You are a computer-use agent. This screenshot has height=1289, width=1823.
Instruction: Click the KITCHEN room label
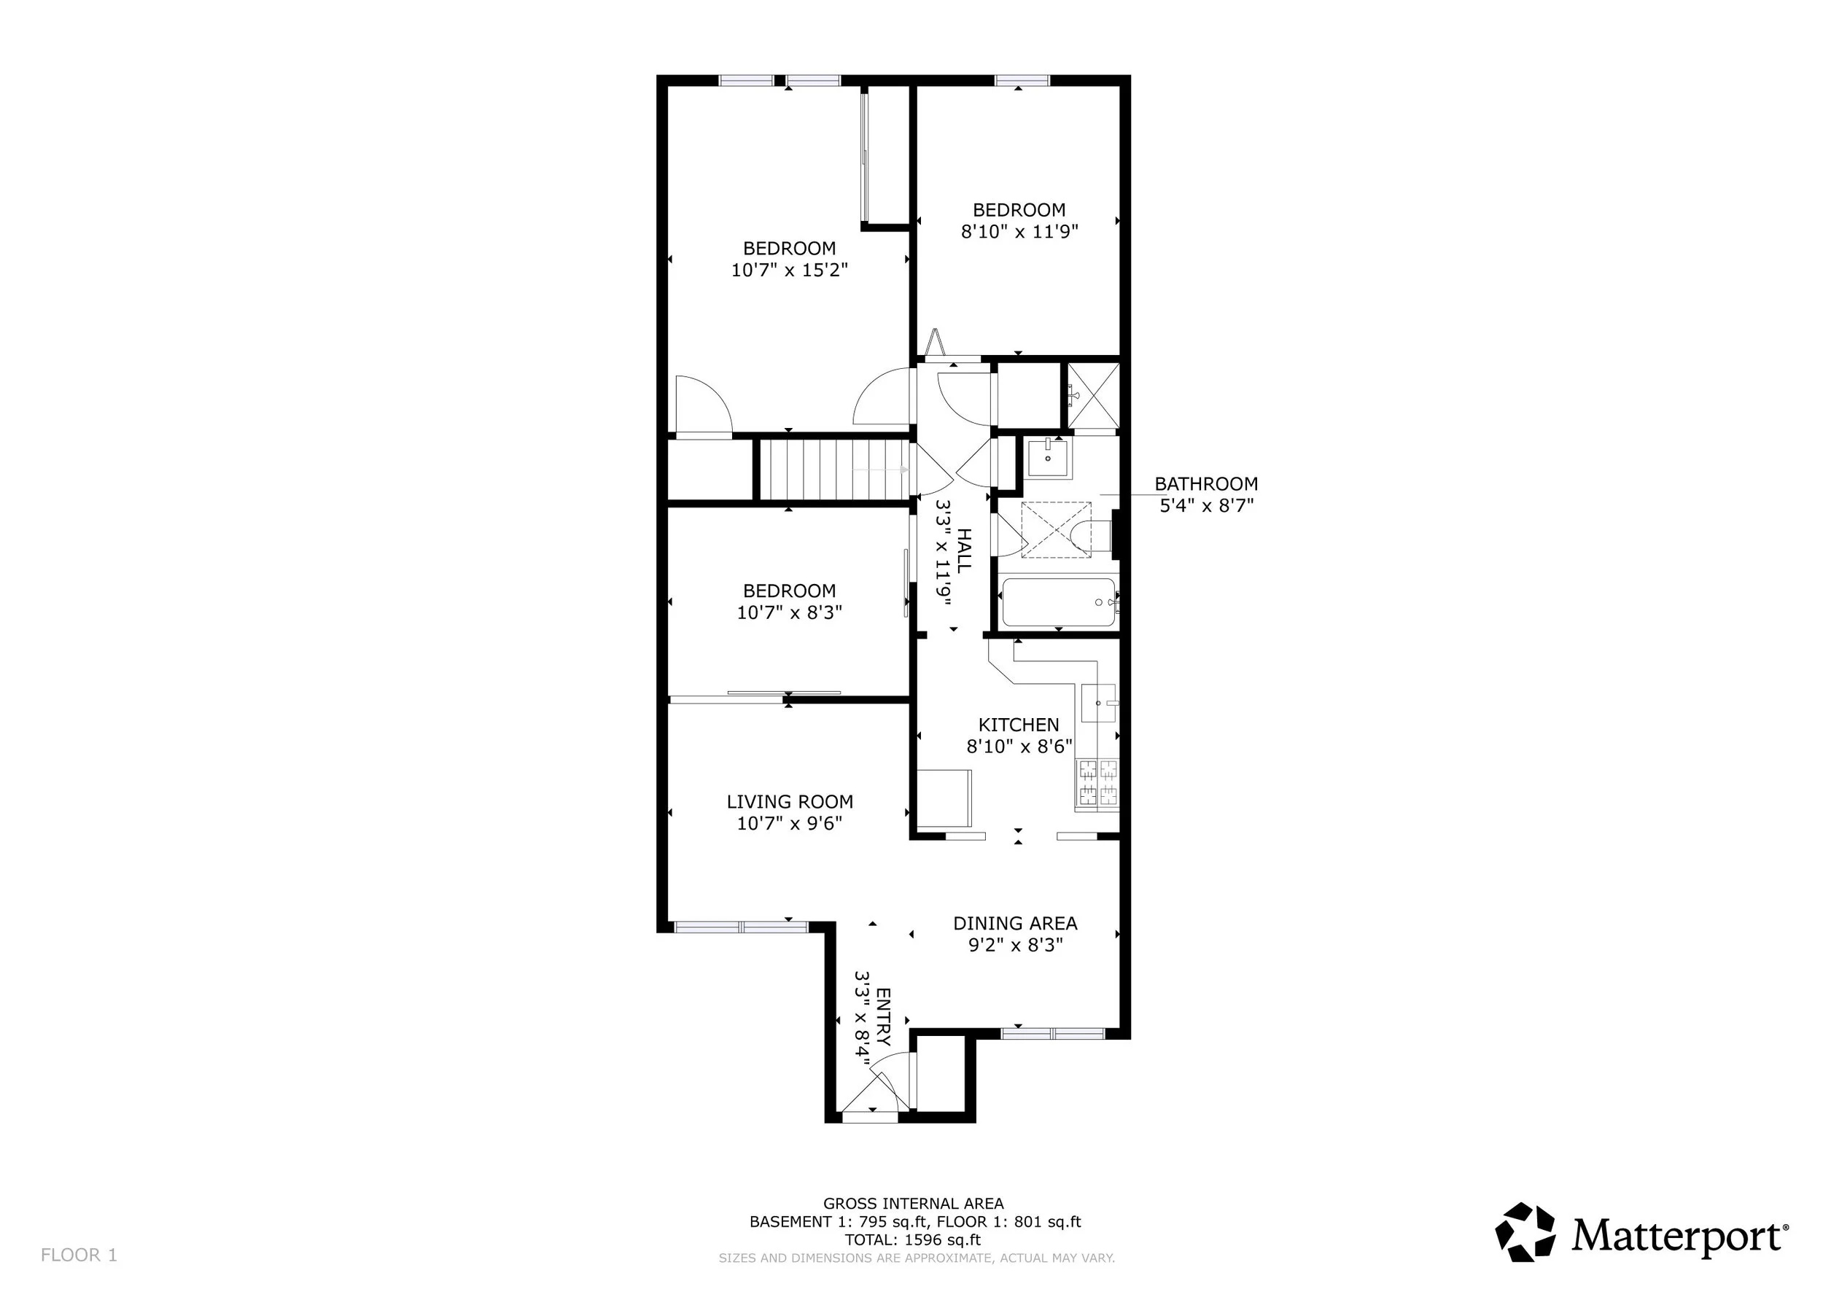pyautogui.click(x=1019, y=725)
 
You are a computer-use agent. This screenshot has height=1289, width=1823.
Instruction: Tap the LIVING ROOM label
pyautogui.click(x=789, y=802)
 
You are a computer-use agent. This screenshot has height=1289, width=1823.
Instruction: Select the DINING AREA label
pyautogui.click(x=1015, y=923)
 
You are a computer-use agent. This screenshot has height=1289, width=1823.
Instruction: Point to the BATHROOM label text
pyautogui.click(x=1206, y=483)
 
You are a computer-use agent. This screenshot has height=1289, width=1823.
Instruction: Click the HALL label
pyautogui.click(x=963, y=551)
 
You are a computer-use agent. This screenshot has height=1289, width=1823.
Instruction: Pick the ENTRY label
pyautogui.click(x=883, y=1017)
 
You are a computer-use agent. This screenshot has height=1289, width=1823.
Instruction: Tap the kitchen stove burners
pyautogui.click(x=1097, y=784)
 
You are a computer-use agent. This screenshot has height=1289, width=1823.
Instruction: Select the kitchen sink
pyautogui.click(x=1099, y=704)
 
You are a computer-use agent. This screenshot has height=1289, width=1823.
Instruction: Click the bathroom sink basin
pyautogui.click(x=1048, y=458)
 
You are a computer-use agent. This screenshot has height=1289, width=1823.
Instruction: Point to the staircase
pyautogui.click(x=834, y=470)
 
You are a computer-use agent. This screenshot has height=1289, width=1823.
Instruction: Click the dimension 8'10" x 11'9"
pyautogui.click(x=1019, y=232)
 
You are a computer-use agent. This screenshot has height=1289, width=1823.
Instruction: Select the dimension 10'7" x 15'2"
pyautogui.click(x=789, y=270)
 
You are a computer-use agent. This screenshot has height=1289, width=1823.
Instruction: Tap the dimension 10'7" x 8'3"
pyautogui.click(x=789, y=612)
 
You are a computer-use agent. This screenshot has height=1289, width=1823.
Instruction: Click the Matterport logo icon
pyautogui.click(x=1525, y=1232)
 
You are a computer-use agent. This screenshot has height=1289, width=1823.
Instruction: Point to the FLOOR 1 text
pyautogui.click(x=79, y=1255)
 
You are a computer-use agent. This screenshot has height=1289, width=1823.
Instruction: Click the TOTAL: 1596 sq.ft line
pyautogui.click(x=913, y=1240)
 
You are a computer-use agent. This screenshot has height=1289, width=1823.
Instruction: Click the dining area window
pyautogui.click(x=1053, y=1033)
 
